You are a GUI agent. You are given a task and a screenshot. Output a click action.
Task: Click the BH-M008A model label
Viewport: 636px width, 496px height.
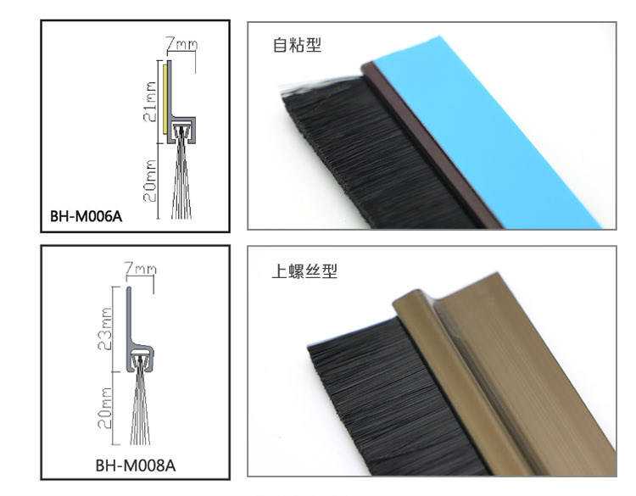coord(136,465)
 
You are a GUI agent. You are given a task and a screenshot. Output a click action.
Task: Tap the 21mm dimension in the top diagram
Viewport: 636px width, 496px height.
coord(149,100)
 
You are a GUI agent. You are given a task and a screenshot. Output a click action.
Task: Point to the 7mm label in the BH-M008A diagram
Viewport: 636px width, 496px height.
coord(140,269)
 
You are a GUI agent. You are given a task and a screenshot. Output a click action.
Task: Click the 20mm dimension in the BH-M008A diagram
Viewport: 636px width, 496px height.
coord(104,410)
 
